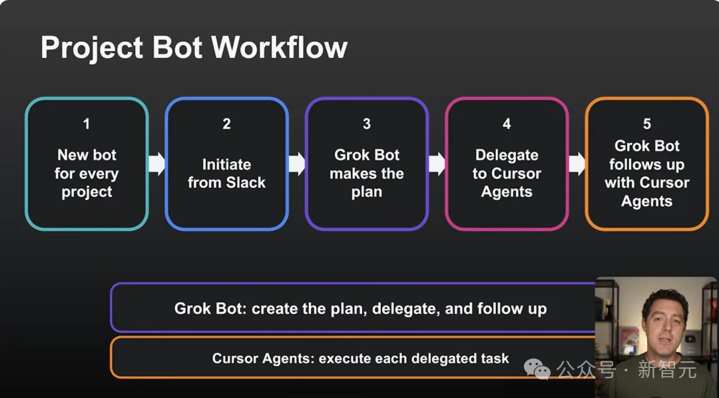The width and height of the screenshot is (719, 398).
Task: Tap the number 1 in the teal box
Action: (x=86, y=124)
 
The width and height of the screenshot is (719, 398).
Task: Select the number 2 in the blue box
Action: (x=226, y=124)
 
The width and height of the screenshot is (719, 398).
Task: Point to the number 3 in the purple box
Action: (x=367, y=124)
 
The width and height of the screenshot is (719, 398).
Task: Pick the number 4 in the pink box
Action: (x=507, y=124)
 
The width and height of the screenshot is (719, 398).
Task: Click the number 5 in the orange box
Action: (x=647, y=124)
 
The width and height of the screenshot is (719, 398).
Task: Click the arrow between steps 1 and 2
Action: (x=157, y=164)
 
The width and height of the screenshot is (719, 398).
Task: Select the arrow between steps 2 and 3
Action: (x=297, y=164)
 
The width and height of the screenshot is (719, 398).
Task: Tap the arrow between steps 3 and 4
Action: (x=437, y=164)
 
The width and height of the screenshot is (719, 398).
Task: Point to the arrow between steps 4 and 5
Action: (x=577, y=164)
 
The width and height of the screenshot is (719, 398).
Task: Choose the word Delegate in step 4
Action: (x=507, y=156)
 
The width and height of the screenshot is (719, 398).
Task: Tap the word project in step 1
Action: (x=87, y=192)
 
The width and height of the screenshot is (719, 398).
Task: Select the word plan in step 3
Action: (x=367, y=192)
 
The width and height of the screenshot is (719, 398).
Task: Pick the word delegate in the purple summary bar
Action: (x=401, y=309)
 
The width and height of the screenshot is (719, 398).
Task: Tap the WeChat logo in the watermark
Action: (x=537, y=369)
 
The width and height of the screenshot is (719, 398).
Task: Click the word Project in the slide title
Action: (x=91, y=48)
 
